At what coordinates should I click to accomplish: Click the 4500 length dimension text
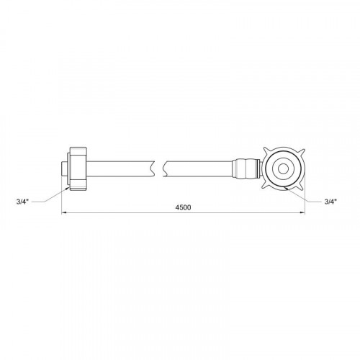[183, 207]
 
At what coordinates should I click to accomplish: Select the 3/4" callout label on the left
[22, 202]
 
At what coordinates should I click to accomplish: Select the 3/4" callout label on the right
[330, 202]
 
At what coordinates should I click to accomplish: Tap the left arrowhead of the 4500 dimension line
[64, 212]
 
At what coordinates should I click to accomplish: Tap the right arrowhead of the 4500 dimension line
[302, 212]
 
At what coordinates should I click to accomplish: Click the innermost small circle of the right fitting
[283, 169]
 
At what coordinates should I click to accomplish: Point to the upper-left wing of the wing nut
[266, 150]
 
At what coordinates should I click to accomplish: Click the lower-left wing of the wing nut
[266, 187]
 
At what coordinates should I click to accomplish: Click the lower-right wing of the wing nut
[301, 186]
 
